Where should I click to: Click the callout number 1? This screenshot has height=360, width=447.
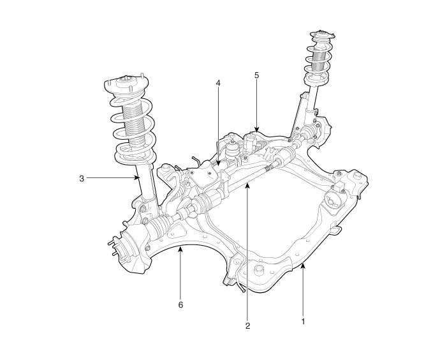303,321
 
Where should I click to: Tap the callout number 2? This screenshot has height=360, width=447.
247,326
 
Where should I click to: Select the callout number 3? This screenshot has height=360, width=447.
82,179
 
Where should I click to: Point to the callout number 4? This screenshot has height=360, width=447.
218,83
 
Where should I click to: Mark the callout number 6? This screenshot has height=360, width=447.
180,304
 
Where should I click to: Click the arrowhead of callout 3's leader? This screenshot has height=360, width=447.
137,178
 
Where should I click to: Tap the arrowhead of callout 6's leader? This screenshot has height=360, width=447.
180,250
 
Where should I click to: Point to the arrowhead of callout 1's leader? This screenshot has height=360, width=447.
303,266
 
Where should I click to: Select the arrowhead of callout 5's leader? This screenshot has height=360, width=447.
256,130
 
